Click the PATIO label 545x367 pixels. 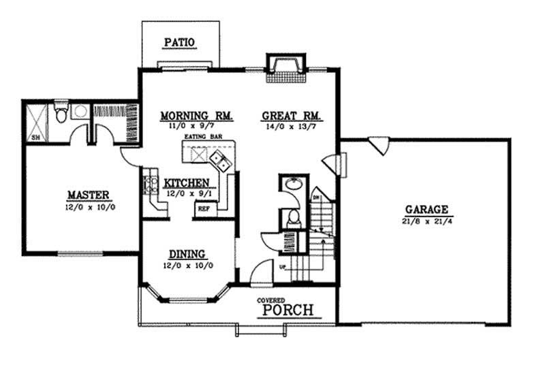click(x=180, y=43)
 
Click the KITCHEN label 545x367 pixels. click(x=187, y=182)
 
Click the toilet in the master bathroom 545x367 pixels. click(x=61, y=111)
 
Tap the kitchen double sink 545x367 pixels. click(x=220, y=160)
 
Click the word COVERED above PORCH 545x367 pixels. click(x=270, y=300)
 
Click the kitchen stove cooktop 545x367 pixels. click(x=149, y=185)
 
